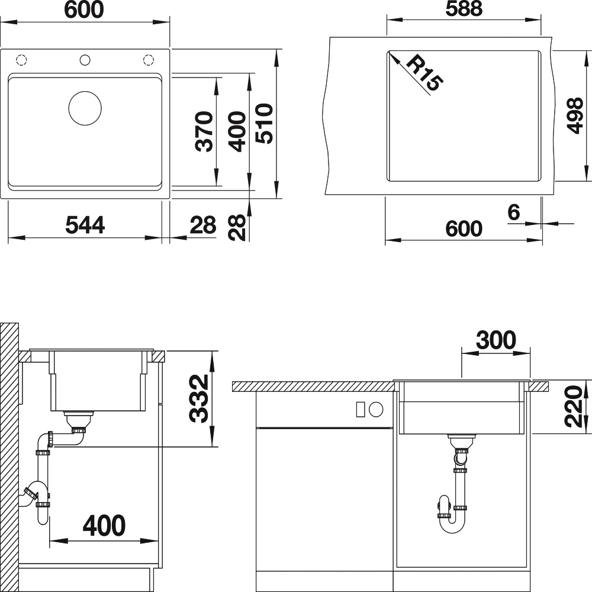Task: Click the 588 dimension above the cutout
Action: (464, 8)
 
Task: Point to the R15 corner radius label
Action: (424, 72)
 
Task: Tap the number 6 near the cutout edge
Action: (514, 212)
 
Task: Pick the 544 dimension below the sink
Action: (85, 225)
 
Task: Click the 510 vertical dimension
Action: (264, 124)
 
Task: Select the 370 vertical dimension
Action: (205, 131)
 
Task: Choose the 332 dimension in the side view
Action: (198, 398)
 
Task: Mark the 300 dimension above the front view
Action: (496, 340)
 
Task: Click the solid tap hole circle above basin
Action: (85, 60)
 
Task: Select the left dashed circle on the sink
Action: (21, 60)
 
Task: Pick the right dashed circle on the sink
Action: (149, 60)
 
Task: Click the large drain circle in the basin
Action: (85, 92)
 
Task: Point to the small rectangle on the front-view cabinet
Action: (361, 409)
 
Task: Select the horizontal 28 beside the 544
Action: (203, 225)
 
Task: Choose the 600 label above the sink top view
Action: (84, 9)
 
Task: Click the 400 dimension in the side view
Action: (104, 525)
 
